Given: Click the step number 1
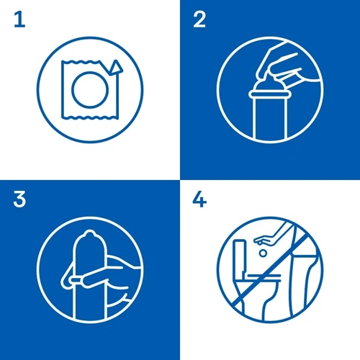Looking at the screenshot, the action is click(20, 19).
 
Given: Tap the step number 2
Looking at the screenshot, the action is click(199, 19).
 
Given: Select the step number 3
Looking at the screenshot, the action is click(19, 199).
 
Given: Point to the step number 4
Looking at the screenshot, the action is click(199, 199).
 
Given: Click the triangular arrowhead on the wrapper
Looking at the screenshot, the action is click(116, 66).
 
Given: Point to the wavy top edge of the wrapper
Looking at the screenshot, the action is click(81, 62).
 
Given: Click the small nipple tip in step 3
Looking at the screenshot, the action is click(89, 233).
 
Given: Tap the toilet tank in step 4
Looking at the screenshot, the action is click(240, 257).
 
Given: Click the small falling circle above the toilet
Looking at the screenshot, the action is click(264, 253).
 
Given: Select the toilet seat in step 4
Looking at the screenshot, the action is click(264, 278).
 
